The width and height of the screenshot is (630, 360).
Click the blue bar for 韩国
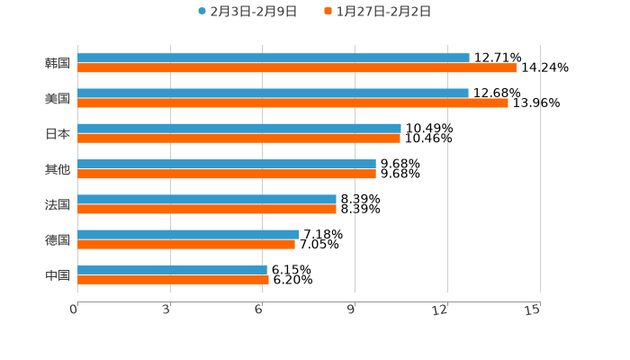[274, 58]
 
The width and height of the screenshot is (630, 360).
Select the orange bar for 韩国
[297, 67]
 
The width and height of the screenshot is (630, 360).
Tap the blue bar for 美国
[273, 93]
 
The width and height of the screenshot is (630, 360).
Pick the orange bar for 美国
[292, 103]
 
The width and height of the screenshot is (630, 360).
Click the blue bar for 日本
[239, 128]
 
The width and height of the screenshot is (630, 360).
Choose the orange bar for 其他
[227, 174]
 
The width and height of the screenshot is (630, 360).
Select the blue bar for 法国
[207, 199]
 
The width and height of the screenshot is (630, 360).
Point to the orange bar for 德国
[186, 244]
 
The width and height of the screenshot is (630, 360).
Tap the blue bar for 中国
[172, 269]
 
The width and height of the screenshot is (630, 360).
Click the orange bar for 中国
[173, 279]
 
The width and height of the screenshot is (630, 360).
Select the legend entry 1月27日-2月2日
[382, 12]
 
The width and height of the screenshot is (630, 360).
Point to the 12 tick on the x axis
[440, 310]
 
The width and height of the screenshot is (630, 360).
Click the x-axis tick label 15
[532, 310]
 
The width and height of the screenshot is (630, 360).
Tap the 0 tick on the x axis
[75, 310]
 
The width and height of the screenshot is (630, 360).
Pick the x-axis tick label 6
[258, 310]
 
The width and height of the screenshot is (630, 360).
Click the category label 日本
[58, 133]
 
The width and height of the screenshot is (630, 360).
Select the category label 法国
[58, 204]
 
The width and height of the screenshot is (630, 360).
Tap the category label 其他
[58, 169]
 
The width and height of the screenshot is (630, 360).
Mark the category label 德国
[58, 239]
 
